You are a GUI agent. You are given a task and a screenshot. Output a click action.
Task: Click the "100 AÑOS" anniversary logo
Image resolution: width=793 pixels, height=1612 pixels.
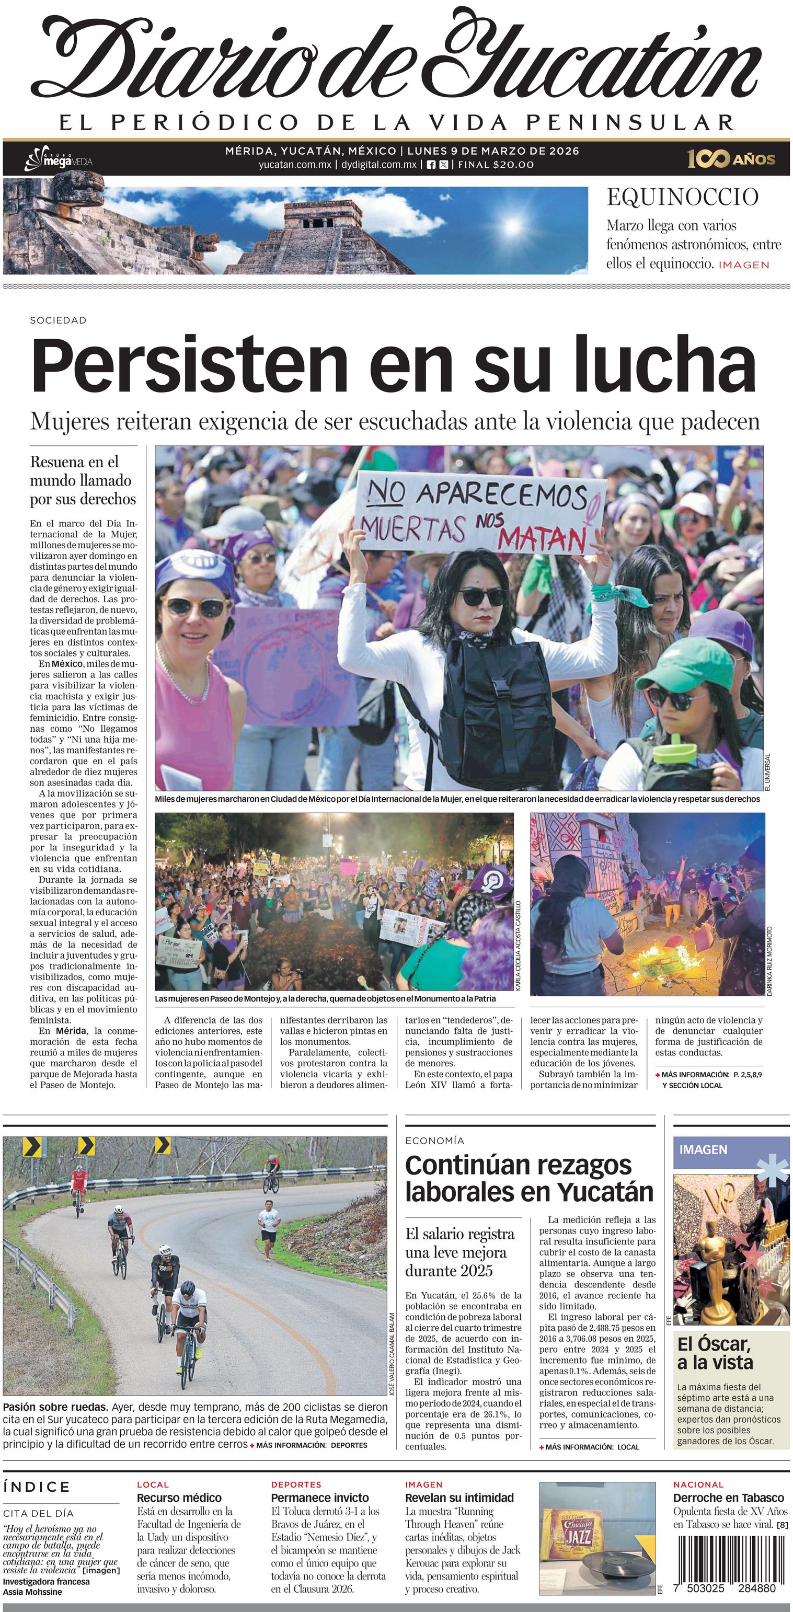[x=730, y=159]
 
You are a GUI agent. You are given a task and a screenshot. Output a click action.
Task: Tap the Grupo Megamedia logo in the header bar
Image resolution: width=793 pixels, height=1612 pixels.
[x=58, y=159]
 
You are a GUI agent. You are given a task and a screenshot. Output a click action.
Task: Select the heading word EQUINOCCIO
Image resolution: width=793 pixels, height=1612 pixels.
[x=682, y=197]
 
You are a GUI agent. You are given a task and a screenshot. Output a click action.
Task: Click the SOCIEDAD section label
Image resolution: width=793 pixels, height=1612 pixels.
[x=58, y=320]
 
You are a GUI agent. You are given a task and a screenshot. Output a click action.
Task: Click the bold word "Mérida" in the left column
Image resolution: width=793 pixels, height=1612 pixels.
[x=71, y=1031]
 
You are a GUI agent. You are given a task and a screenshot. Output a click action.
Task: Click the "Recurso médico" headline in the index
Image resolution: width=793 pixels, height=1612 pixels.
[x=179, y=1498]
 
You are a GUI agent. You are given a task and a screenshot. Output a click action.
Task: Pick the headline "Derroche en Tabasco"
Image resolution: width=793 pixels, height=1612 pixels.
[x=728, y=1498]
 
